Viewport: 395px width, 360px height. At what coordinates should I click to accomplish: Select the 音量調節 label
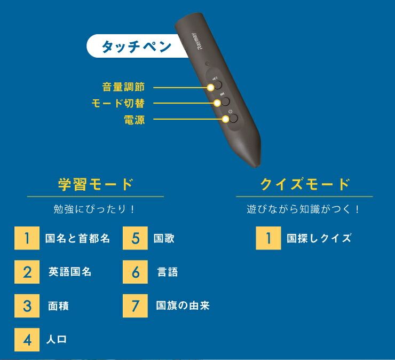click(123, 87)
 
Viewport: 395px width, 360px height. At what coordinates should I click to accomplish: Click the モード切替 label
click(118, 103)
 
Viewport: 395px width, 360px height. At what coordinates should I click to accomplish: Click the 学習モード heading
click(95, 185)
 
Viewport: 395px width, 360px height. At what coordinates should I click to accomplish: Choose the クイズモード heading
click(305, 185)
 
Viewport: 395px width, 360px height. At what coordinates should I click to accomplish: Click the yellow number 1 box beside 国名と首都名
click(27, 238)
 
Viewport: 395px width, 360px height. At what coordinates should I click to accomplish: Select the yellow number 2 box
click(27, 272)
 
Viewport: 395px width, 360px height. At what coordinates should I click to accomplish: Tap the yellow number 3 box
click(27, 306)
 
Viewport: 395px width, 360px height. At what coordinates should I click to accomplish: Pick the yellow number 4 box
click(27, 340)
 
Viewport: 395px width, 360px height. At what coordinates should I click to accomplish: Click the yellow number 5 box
click(135, 238)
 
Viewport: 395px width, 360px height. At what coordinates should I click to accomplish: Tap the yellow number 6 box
click(135, 272)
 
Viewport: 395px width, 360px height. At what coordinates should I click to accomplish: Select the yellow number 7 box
click(135, 306)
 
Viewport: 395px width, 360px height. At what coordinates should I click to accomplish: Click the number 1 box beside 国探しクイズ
click(268, 238)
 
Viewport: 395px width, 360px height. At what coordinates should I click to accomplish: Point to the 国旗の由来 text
click(183, 306)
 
